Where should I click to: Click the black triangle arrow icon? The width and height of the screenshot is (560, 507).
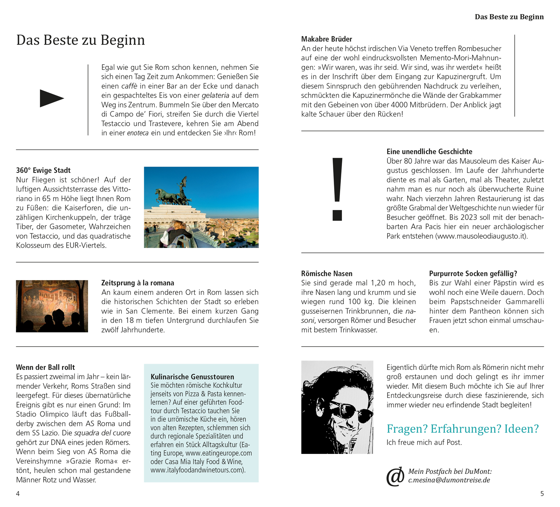[x=52, y=99]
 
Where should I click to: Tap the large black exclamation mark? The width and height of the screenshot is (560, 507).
[x=337, y=189]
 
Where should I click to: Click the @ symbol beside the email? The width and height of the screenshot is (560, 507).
[x=395, y=476]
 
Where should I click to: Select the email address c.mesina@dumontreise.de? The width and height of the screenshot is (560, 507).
[x=449, y=480]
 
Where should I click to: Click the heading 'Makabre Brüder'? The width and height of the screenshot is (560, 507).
[x=327, y=39]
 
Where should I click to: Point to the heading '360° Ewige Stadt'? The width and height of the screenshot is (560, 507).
[x=43, y=170]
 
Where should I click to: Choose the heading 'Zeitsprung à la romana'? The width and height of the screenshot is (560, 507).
[x=138, y=283]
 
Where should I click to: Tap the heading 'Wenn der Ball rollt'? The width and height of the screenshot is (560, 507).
[x=46, y=367]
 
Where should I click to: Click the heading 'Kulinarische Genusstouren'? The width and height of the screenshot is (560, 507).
[x=192, y=377]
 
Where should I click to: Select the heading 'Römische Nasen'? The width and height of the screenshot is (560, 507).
[x=327, y=273]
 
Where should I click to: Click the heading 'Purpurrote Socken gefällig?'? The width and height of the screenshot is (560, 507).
[x=473, y=273]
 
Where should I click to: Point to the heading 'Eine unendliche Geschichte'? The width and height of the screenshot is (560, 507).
[x=429, y=152]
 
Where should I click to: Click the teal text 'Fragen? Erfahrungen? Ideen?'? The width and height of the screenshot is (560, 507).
[x=463, y=429]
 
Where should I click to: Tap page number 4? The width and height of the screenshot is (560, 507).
[x=18, y=494]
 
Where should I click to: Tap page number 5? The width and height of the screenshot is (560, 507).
[x=542, y=494]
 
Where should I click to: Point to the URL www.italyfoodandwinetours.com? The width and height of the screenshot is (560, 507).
[x=197, y=470]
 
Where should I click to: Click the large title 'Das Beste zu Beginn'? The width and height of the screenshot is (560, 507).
[x=81, y=40]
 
